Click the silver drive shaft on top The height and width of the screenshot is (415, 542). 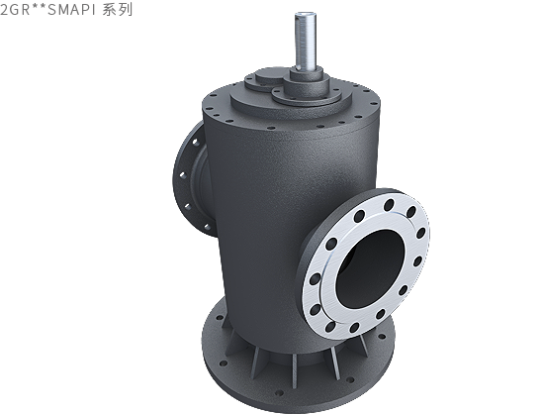[306, 42]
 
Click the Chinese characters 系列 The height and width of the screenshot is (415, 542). [118, 10]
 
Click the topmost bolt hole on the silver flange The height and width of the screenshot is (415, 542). [389, 205]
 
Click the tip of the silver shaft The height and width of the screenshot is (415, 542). [305, 14]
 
